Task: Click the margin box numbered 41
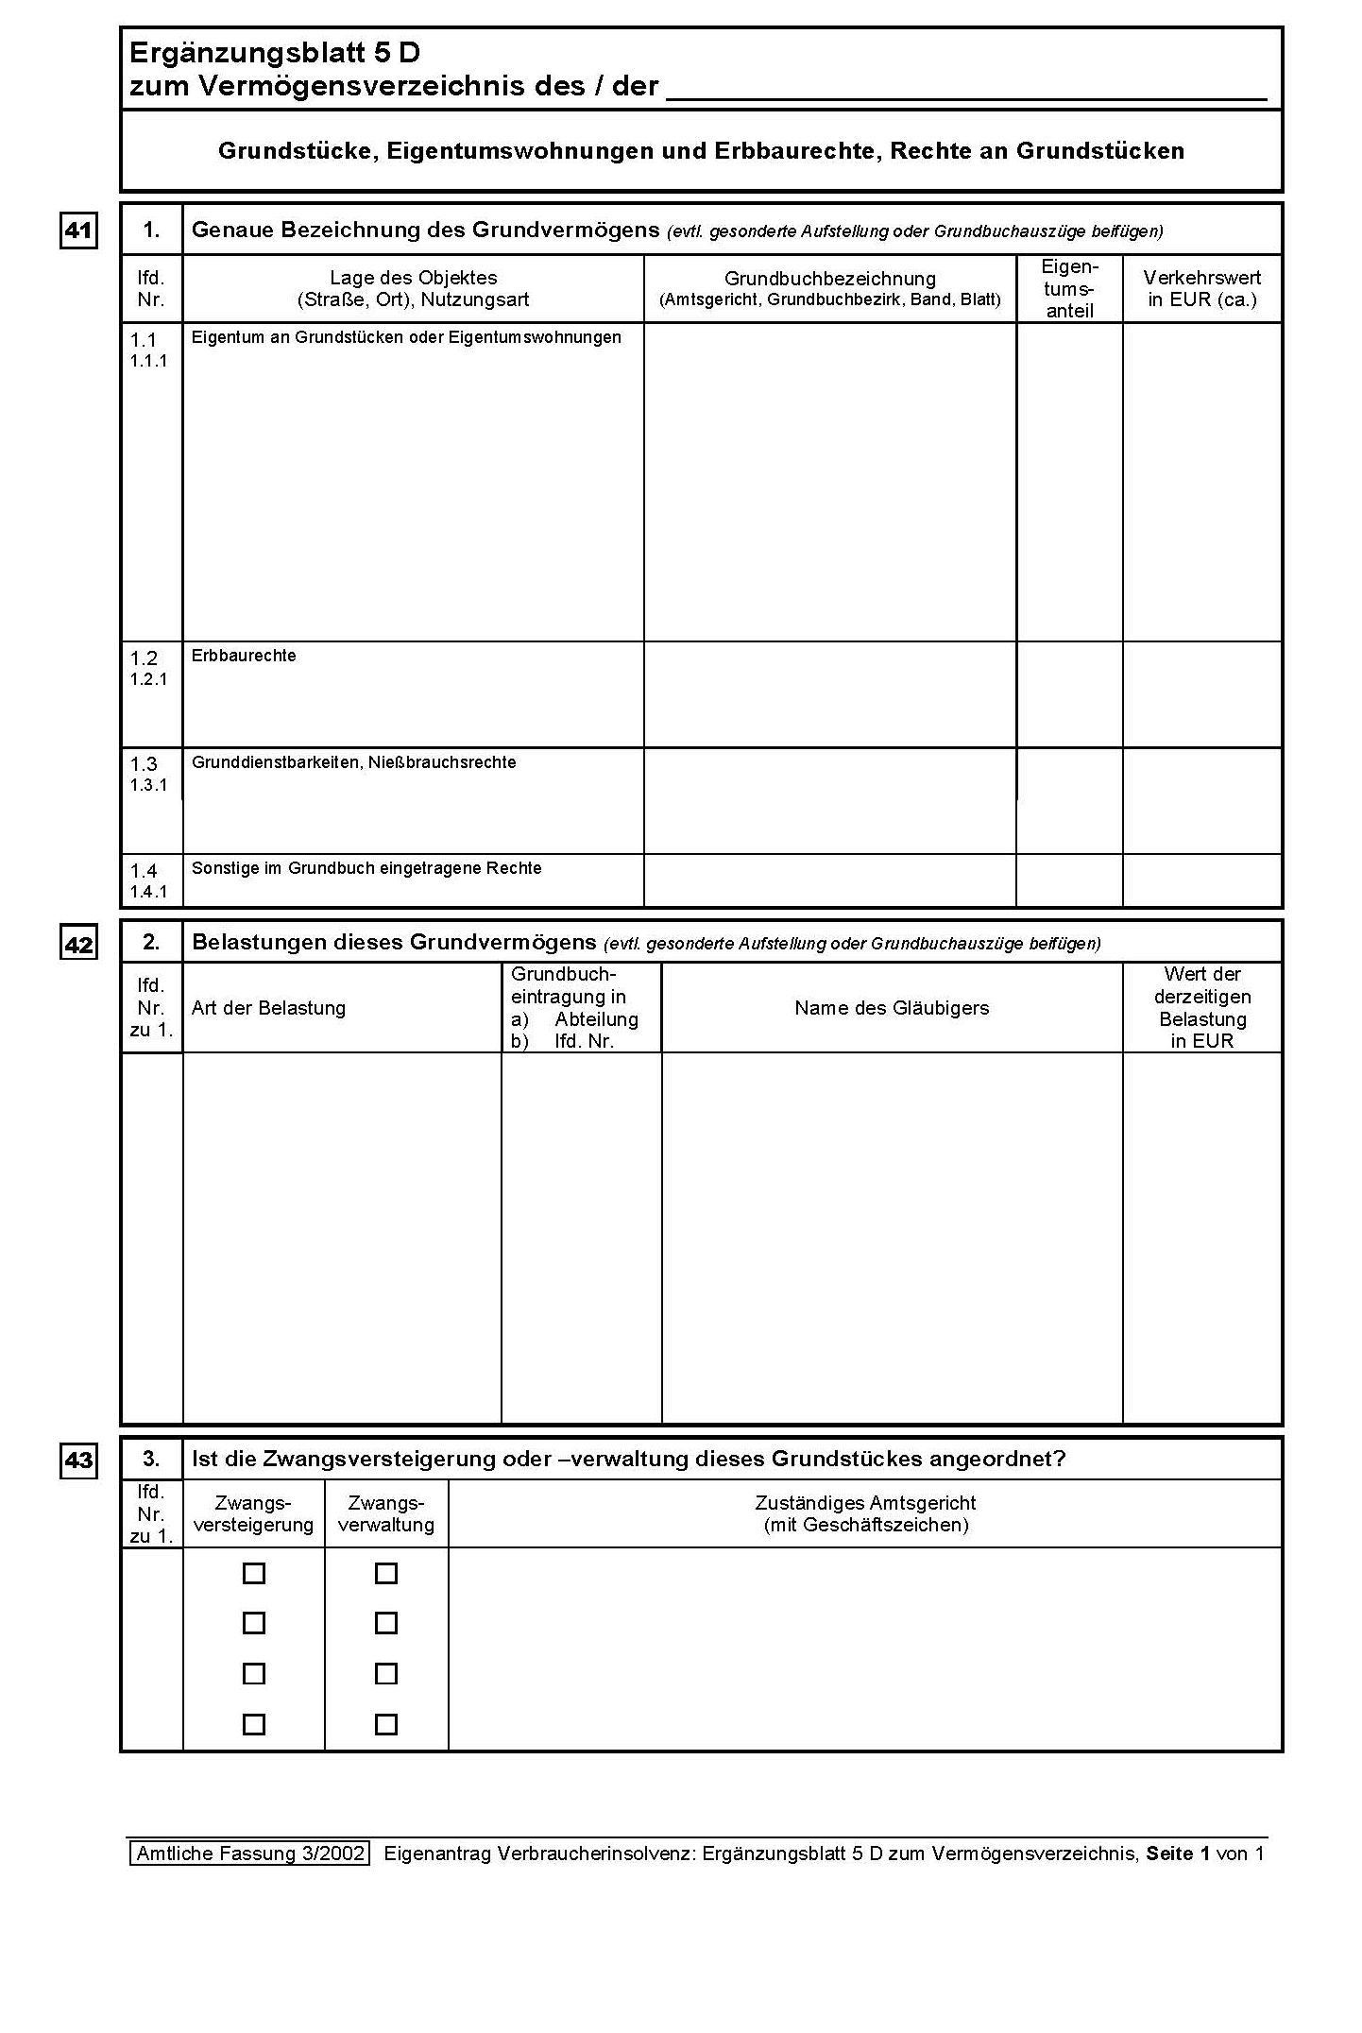78,231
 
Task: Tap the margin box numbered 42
78,944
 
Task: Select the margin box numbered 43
78,1461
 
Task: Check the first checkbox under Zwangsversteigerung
254,1573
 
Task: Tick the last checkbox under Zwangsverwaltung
385,1724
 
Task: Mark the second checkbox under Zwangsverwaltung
385,1623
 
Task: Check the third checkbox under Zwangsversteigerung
254,1673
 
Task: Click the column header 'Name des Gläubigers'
892,1008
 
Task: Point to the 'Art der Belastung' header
269,1008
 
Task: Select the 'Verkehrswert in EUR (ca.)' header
1201,289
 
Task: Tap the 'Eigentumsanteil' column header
1069,289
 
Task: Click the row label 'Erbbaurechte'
244,656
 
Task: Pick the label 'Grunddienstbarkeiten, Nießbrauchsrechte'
354,762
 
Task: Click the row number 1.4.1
148,891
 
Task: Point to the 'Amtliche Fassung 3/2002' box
249,1853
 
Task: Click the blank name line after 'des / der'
966,89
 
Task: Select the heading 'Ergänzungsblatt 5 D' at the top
275,53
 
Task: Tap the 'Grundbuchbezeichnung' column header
830,279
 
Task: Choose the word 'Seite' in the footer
1169,1854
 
